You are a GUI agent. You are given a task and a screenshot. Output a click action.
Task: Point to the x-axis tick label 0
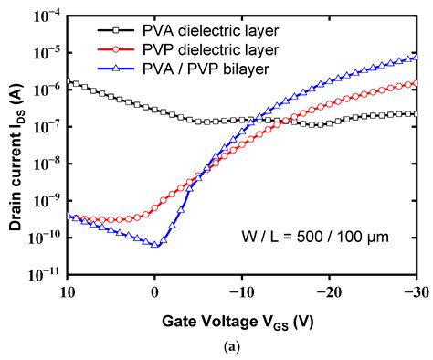[155, 291]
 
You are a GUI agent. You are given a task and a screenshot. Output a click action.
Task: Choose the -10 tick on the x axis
[240, 291]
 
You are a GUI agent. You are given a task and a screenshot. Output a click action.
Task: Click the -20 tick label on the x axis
[329, 291]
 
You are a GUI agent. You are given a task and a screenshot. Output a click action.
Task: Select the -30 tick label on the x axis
[414, 291]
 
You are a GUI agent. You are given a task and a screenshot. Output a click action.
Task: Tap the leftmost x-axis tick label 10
[68, 291]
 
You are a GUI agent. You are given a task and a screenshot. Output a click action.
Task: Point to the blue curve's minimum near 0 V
[155, 246]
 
